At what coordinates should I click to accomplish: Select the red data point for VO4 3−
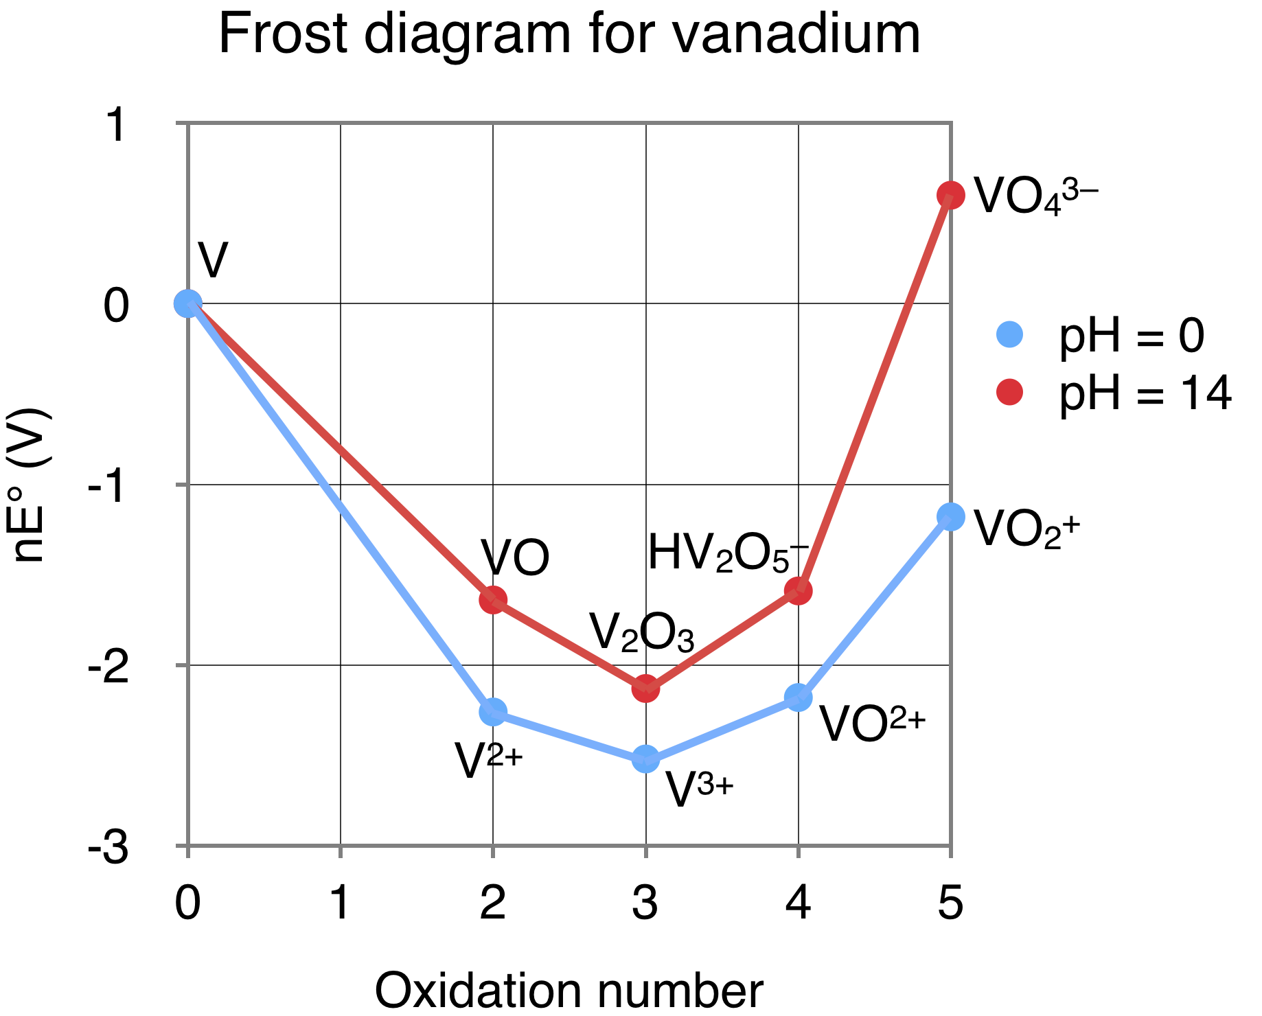(950, 196)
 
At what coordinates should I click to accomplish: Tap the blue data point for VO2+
(950, 516)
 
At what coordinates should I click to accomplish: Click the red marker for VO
(493, 600)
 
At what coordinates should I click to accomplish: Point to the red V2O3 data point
(645, 688)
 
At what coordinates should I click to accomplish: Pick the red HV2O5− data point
(798, 590)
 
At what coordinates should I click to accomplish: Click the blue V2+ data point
(493, 712)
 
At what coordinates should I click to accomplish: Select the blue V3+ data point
(645, 759)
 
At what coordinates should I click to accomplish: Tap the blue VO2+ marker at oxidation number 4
(798, 698)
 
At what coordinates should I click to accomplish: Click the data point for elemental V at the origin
(187, 303)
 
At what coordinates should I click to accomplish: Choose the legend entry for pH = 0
(1099, 336)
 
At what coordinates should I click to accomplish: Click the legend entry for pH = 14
(1112, 393)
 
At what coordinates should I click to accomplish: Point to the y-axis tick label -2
(108, 666)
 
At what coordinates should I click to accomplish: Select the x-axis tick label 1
(341, 903)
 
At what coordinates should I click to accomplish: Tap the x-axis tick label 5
(950, 903)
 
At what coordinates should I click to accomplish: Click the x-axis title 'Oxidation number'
(569, 991)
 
